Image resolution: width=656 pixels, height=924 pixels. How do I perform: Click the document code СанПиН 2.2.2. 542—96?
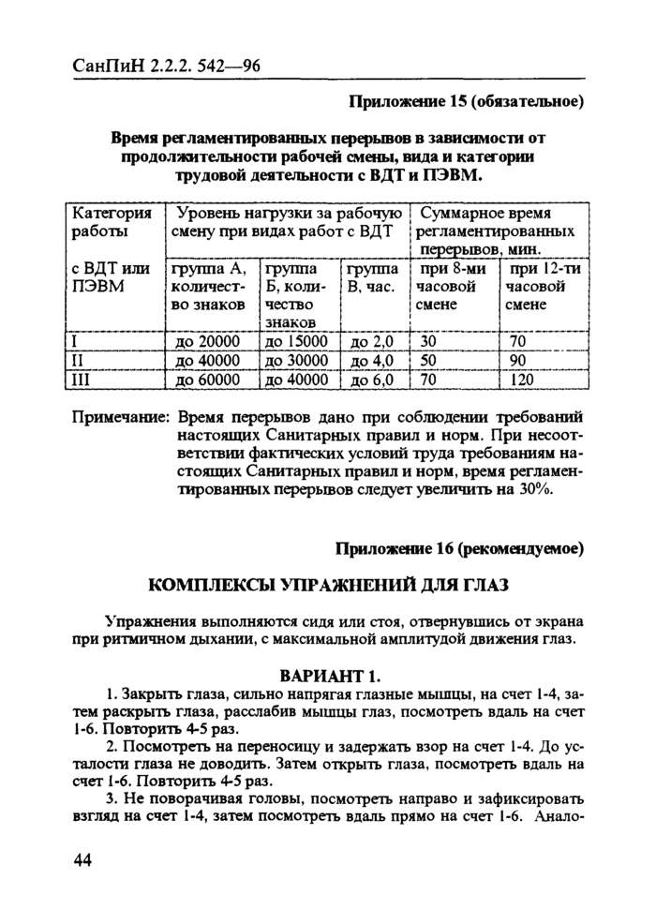click(x=166, y=66)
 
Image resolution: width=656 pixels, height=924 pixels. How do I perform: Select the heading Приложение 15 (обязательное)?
click(x=466, y=101)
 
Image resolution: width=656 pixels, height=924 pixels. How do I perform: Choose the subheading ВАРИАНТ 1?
click(x=328, y=676)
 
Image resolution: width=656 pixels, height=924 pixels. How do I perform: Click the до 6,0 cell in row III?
click(x=373, y=380)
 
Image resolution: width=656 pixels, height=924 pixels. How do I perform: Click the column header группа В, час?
click(x=373, y=279)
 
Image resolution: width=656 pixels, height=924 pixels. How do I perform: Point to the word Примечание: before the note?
click(x=120, y=414)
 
